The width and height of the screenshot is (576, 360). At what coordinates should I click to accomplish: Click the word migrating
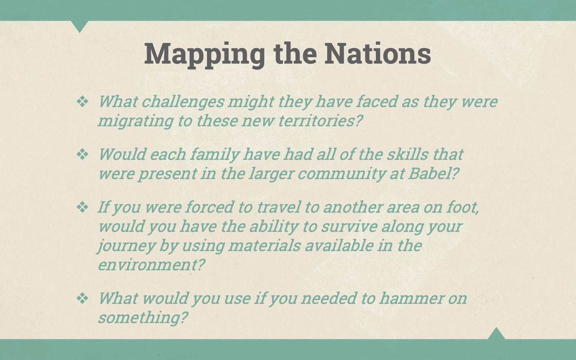pos(135,121)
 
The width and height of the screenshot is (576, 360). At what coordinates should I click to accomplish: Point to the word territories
pos(320,121)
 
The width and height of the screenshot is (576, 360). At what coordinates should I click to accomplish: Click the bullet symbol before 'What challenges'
pos(82,102)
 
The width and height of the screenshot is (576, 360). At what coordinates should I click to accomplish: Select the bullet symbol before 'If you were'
pos(82,207)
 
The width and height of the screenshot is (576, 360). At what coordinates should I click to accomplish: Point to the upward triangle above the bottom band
pos(496,334)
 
